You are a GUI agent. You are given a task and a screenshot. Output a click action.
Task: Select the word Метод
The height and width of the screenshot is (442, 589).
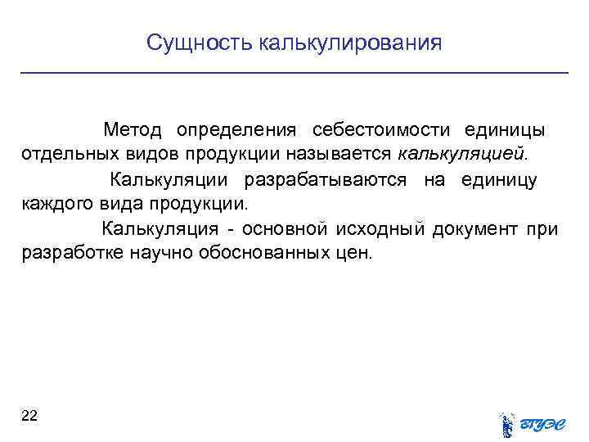pos(133,130)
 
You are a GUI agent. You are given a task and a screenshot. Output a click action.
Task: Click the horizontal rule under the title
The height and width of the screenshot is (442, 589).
pos(294,74)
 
